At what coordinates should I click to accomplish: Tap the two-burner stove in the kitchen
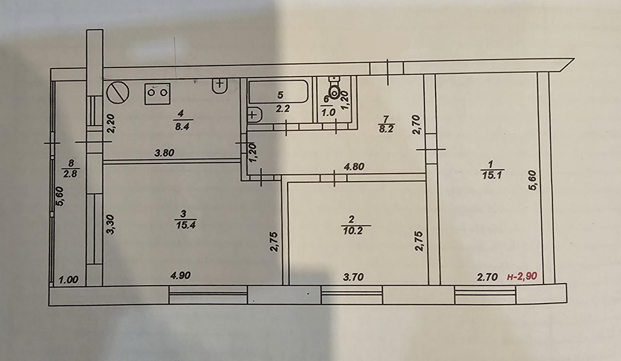[157, 94]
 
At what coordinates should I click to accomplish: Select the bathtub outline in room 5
[278, 92]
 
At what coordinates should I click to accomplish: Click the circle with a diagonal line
[118, 92]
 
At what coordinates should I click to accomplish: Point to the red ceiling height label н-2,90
[522, 276]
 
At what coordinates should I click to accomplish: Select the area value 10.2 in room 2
[352, 231]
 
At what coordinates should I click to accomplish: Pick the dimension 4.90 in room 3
[180, 275]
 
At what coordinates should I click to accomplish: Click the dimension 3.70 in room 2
[353, 277]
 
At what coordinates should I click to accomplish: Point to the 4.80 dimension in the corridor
[354, 166]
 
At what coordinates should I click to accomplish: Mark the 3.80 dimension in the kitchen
[164, 152]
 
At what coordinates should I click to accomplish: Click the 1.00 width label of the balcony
[68, 279]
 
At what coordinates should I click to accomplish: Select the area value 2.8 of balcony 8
[70, 174]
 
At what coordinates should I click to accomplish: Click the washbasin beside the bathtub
[255, 114]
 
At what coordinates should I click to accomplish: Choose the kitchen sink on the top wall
[220, 86]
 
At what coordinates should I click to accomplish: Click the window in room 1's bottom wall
[485, 295]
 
